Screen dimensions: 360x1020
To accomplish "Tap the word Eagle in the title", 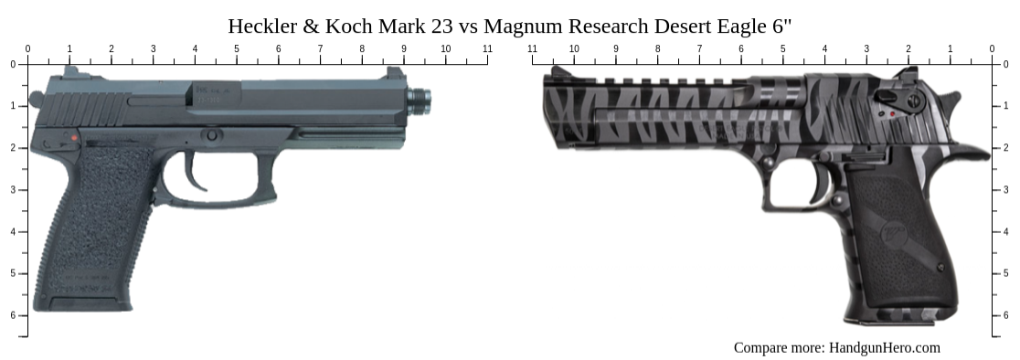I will (x=742, y=26).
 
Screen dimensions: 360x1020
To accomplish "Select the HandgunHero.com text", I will (x=884, y=347).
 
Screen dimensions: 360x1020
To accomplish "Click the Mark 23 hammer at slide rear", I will (x=36, y=99).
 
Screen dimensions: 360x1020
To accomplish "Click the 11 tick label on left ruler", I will (x=487, y=48).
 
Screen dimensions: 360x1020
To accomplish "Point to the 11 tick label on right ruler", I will (x=532, y=48).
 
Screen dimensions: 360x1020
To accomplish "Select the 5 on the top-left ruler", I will (x=237, y=48).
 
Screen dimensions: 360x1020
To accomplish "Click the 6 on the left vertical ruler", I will (x=13, y=315).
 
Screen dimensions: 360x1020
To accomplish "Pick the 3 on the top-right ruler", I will (x=866, y=48).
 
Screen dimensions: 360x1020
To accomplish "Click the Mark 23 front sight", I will (x=395, y=74).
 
